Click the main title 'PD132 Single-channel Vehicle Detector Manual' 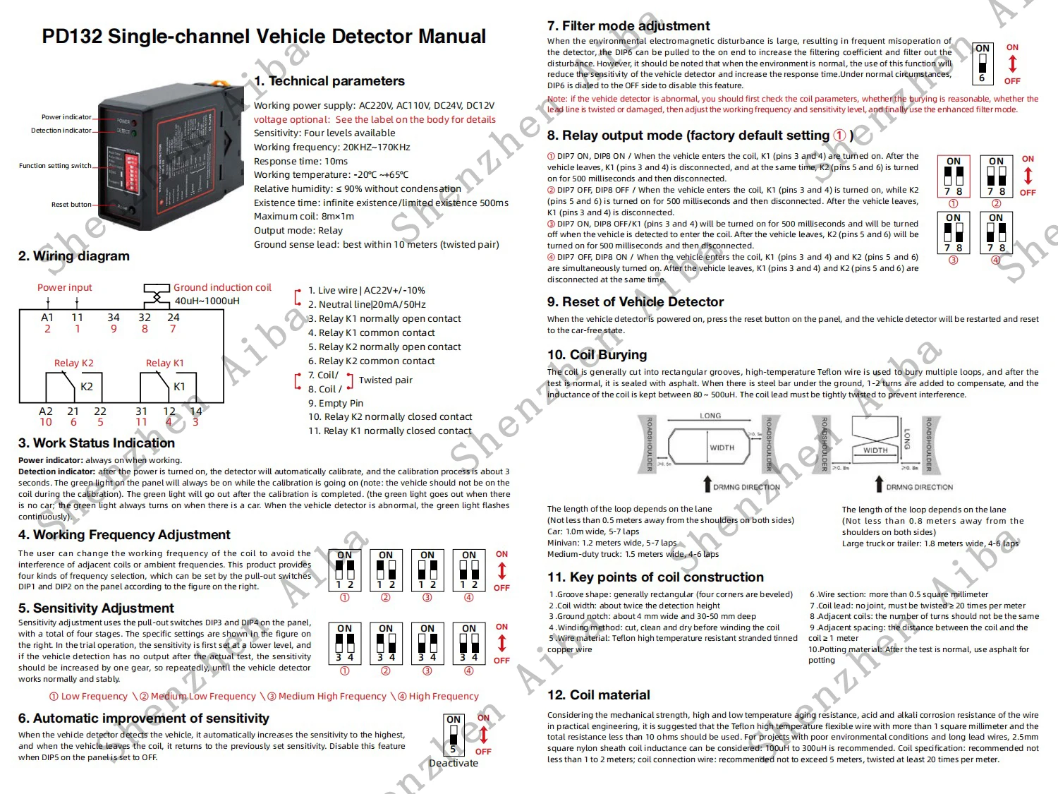coord(264,37)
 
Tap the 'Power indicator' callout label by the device coord(66,117)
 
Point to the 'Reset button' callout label coord(71,205)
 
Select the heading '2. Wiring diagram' coord(74,256)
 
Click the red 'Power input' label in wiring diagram coord(65,287)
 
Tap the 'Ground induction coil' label coord(222,287)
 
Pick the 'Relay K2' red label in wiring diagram coord(74,363)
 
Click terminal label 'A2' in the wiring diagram coord(46,411)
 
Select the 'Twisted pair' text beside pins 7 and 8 coord(385,380)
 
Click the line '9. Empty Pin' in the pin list coord(336,403)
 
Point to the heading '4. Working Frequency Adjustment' coord(124,535)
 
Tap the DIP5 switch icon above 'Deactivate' coord(454,735)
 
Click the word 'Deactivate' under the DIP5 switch coord(454,763)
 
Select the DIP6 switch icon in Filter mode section coord(982,64)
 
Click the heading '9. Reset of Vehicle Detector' coord(636,302)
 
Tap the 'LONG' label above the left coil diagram coord(710,416)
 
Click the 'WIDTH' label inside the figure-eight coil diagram coord(875,450)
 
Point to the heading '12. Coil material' coord(599,695)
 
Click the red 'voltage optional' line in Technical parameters coord(375,119)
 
